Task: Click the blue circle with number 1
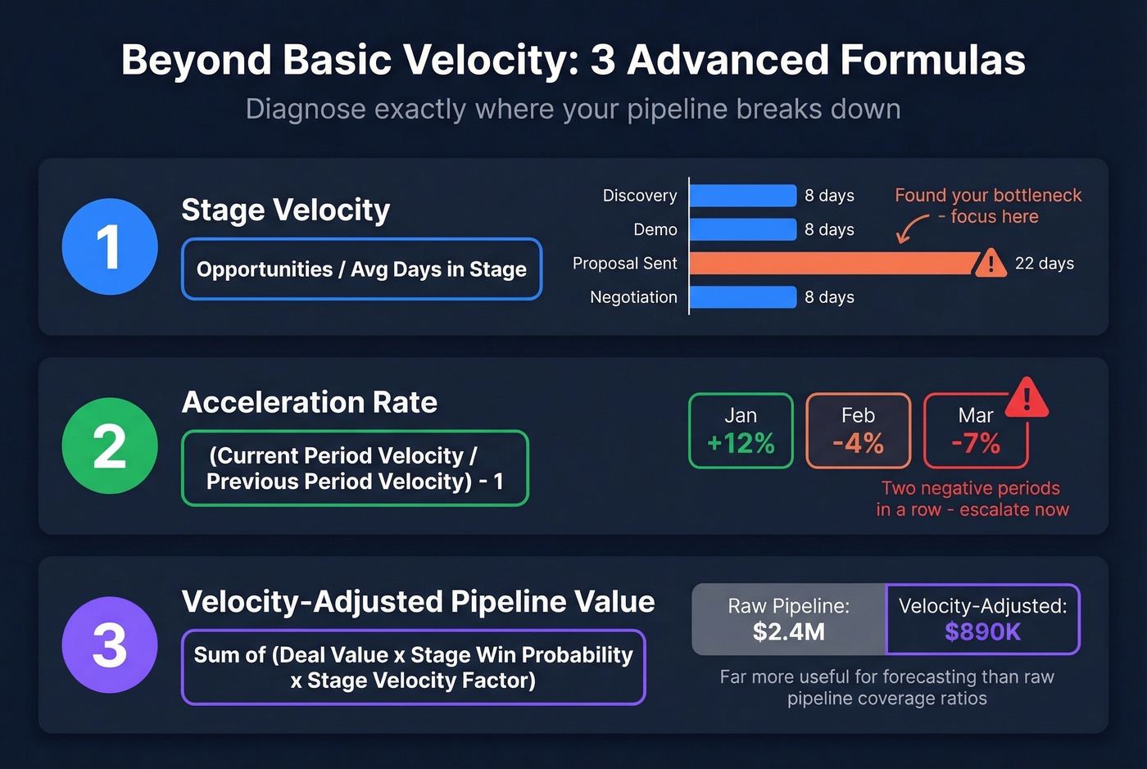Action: coord(110,247)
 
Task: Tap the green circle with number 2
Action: coord(110,446)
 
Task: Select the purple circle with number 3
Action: coord(110,645)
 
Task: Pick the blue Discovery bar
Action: coord(742,196)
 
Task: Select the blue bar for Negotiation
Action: coord(742,297)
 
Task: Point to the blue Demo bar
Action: coord(742,229)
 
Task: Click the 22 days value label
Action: coord(1044,264)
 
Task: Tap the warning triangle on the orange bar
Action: coord(990,263)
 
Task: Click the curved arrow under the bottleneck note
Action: coord(911,229)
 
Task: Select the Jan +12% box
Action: coord(741,431)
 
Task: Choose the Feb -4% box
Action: coord(858,431)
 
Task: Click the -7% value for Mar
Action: coord(976,444)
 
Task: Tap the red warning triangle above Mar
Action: coord(1027,398)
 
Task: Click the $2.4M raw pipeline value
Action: coord(788,632)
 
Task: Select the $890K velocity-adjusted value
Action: coord(982,632)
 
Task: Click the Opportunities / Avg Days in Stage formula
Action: coord(361,269)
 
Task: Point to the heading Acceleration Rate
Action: coord(309,402)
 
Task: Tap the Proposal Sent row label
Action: coord(624,264)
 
